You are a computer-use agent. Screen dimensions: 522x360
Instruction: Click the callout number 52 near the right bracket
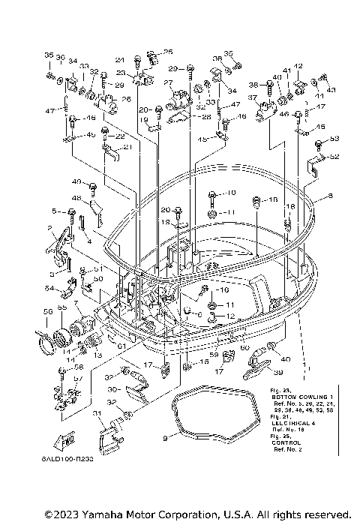334,157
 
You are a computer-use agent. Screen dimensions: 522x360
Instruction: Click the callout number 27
169,82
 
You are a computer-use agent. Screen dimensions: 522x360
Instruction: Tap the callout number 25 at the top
168,52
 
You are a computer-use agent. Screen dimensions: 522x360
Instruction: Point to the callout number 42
298,67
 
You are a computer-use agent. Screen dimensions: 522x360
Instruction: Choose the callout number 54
49,289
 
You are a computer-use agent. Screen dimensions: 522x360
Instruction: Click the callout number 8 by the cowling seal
329,196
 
